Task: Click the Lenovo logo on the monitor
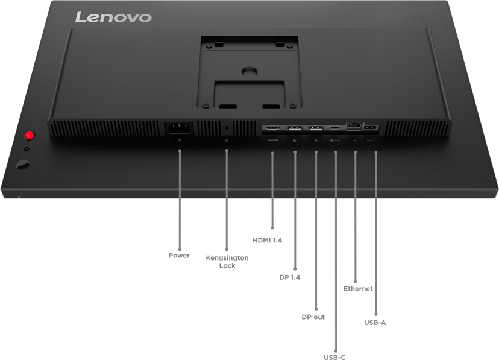point(113,16)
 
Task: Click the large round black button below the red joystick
point(23,163)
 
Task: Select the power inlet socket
point(179,128)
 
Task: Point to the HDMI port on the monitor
point(272,128)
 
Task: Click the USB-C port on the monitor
point(335,128)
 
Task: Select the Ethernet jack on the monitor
point(354,128)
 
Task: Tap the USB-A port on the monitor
point(371,128)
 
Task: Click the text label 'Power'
point(179,256)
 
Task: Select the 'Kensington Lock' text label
point(227,262)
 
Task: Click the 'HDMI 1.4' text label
point(268,240)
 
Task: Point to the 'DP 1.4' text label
point(290,277)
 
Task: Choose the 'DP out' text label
point(313,317)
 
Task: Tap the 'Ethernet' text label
point(358,289)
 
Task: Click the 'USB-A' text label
point(375,323)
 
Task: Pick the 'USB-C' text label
point(335,356)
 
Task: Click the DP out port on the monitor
point(315,128)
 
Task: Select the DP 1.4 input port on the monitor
point(294,128)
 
